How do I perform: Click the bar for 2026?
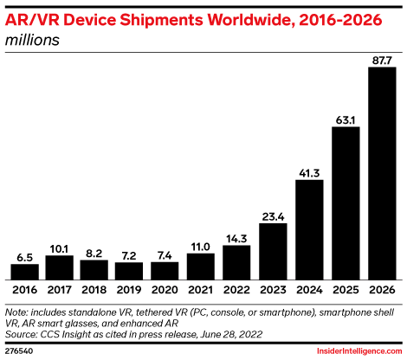pyautogui.click(x=382, y=173)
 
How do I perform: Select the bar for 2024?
pyautogui.click(x=310, y=229)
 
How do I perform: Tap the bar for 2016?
pyautogui.click(x=24, y=271)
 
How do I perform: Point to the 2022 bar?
pyautogui.click(x=238, y=262)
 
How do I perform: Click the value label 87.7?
pyautogui.click(x=382, y=61)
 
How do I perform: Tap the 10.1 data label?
pyautogui.click(x=60, y=248)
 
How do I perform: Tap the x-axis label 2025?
pyautogui.click(x=346, y=290)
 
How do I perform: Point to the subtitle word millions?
pyautogui.click(x=32, y=40)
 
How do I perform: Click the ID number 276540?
pyautogui.click(x=21, y=350)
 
